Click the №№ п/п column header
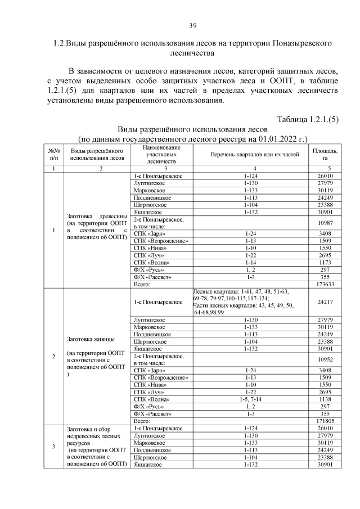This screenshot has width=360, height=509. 53,155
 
